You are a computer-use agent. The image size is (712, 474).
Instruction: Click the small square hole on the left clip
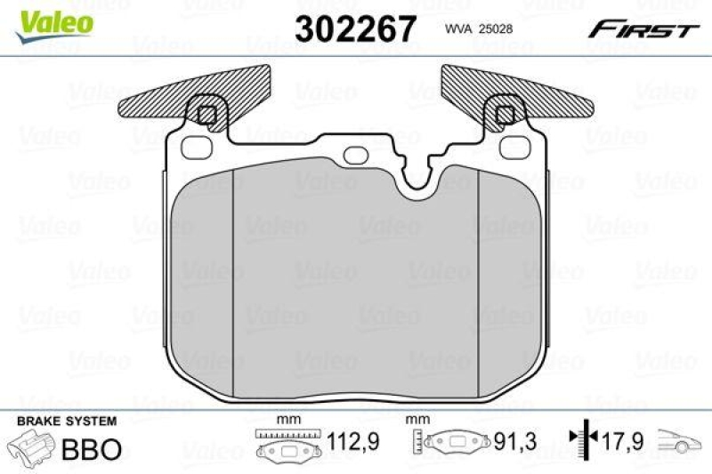click(206, 115)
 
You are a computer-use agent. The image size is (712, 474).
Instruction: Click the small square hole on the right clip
click(505, 115)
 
